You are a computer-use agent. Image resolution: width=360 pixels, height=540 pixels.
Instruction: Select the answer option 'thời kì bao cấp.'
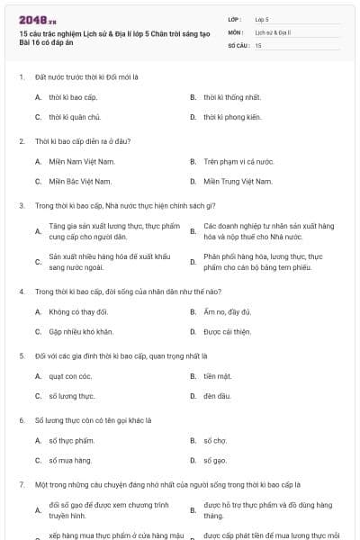pos(70,96)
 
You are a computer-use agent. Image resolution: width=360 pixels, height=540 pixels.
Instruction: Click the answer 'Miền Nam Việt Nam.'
pos(75,161)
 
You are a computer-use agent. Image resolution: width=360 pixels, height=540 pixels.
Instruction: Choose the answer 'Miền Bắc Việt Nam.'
pos(74,181)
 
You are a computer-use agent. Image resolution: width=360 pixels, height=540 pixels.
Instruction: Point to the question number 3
pos(22,205)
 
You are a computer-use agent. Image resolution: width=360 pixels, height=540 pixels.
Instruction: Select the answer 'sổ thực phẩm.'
pos(71,440)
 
